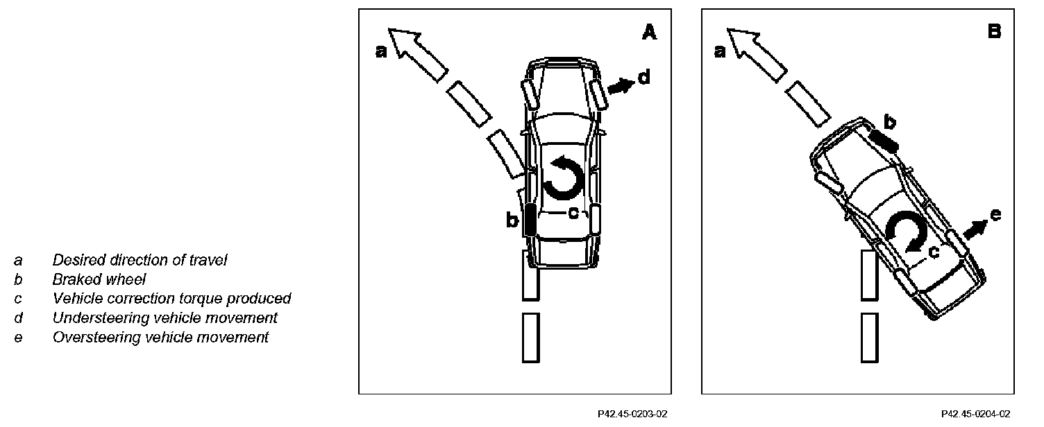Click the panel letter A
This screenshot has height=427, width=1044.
pyautogui.click(x=648, y=32)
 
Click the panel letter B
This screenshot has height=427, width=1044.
pyautogui.click(x=994, y=32)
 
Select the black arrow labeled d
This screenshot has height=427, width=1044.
pyautogui.click(x=620, y=86)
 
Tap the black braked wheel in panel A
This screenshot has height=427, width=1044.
pyautogui.click(x=529, y=220)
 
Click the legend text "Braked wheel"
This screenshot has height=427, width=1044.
pyautogui.click(x=99, y=279)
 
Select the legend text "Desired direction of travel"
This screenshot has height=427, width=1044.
pyautogui.click(x=140, y=261)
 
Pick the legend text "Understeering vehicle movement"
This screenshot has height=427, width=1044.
pyautogui.click(x=165, y=317)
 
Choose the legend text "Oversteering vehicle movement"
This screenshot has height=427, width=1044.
pyautogui.click(x=160, y=338)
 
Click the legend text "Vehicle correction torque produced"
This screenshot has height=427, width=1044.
pyautogui.click(x=171, y=299)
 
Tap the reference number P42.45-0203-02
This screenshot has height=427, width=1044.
pyautogui.click(x=632, y=414)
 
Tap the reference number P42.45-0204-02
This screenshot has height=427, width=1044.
pyautogui.click(x=975, y=414)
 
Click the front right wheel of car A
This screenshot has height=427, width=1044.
pyautogui.click(x=598, y=94)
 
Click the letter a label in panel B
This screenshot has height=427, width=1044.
pyautogui.click(x=720, y=51)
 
